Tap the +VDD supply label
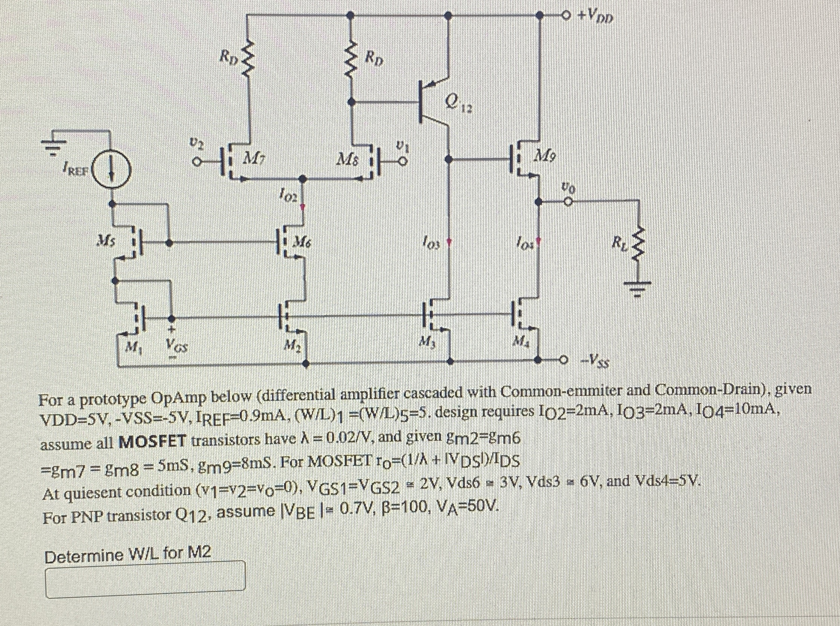595,17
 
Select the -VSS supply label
596,362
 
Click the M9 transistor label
546,155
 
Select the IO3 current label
431,241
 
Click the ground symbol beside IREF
54,146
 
